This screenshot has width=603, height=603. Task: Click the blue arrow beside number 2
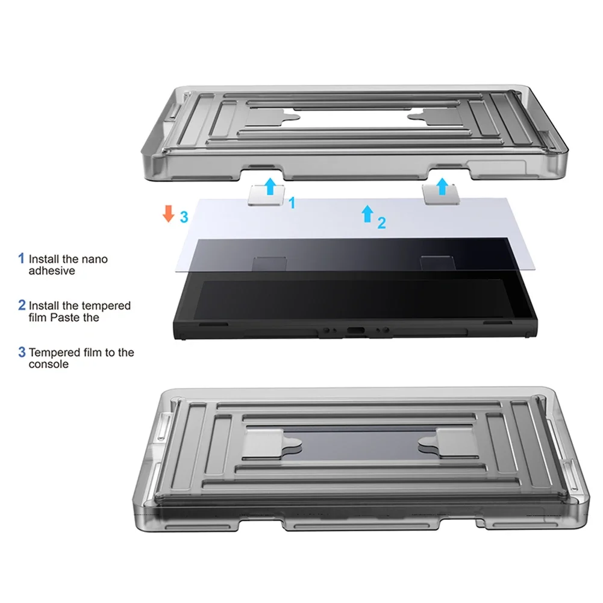tap(367, 214)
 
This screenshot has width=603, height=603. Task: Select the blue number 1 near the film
tap(292, 203)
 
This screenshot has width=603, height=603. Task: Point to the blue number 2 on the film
tap(381, 223)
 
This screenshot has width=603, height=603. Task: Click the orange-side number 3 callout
tap(184, 217)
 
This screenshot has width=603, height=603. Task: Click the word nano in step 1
tap(95, 259)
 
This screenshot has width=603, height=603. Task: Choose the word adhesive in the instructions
tap(52, 271)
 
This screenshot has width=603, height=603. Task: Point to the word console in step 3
tap(49, 364)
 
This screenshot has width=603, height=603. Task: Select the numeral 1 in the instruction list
tap(21, 259)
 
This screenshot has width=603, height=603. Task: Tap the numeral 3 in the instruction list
tap(22, 352)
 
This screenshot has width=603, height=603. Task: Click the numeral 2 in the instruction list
tap(22, 305)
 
